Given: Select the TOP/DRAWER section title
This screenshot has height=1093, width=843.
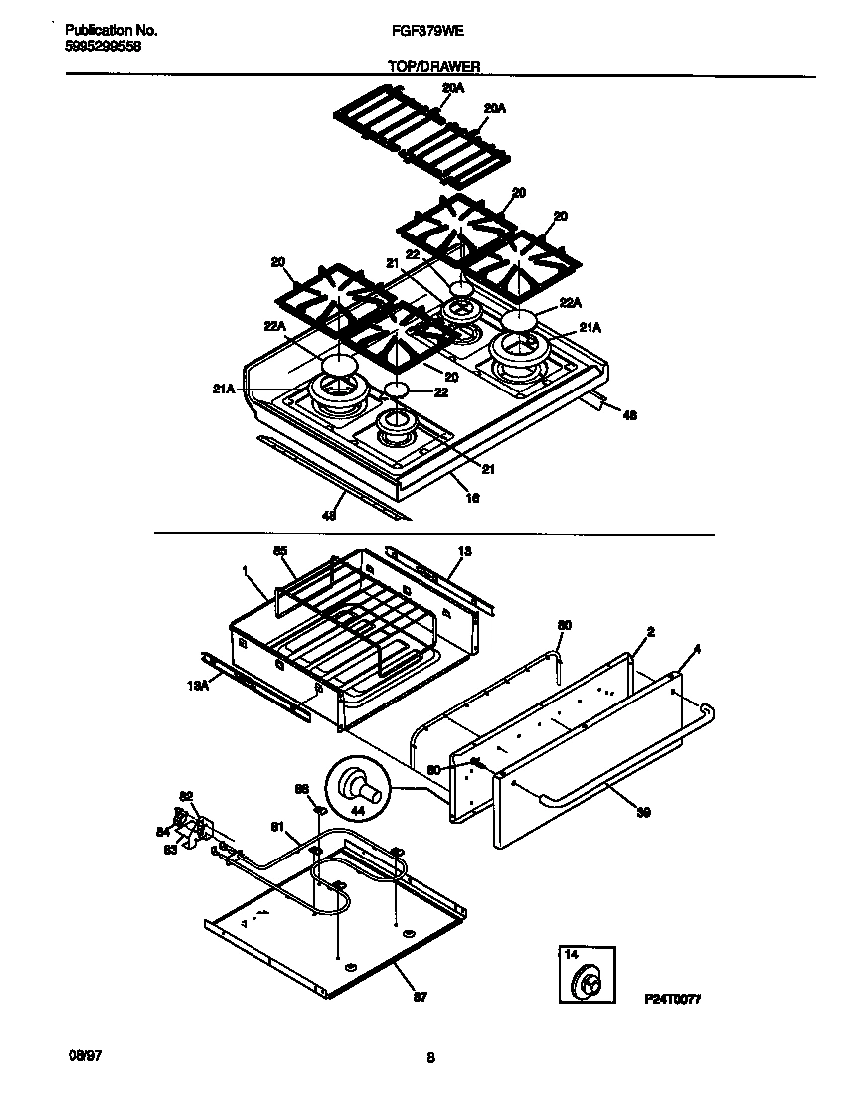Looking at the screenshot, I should [x=433, y=66].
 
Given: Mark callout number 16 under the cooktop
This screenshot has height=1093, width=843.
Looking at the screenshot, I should [x=473, y=498].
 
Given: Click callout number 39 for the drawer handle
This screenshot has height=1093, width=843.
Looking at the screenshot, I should [x=643, y=812].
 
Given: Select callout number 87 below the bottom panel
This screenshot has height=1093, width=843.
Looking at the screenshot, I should [x=420, y=997].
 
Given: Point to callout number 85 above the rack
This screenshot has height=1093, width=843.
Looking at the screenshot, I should [x=279, y=549].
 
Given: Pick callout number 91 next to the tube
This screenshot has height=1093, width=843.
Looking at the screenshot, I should [x=277, y=825].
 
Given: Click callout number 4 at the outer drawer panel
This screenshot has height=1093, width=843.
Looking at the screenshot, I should [x=696, y=649].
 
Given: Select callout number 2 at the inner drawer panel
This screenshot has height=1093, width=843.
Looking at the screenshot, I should [x=649, y=632].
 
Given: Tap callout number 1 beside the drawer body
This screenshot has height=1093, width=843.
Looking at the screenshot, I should [x=245, y=571].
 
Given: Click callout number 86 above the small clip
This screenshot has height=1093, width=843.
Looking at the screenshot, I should [x=304, y=788].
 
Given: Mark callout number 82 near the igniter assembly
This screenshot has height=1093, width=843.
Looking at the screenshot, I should [x=184, y=796].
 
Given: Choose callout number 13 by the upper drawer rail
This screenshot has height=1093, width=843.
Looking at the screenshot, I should [x=464, y=550].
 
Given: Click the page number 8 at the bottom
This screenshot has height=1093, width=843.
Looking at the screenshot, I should [x=429, y=1058].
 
